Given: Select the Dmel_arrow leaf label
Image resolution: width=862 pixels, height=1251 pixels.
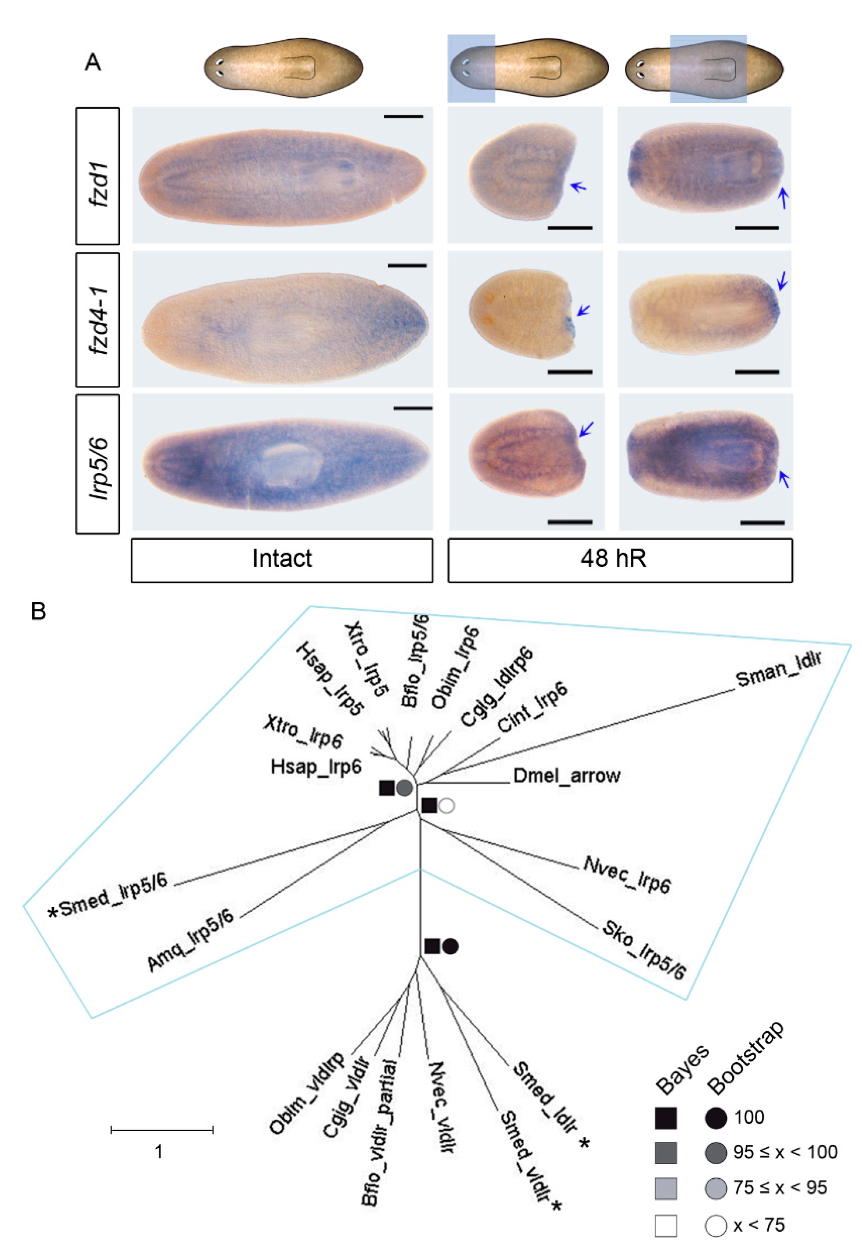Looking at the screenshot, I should click(567, 776).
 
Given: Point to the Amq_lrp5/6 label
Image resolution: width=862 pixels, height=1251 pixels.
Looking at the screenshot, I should click(191, 940).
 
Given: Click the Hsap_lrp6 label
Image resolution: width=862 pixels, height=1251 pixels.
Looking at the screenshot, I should click(316, 766).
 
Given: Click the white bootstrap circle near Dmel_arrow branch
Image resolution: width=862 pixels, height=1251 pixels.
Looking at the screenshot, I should click(446, 806).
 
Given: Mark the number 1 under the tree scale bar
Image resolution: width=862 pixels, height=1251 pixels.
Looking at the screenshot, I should click(158, 1152).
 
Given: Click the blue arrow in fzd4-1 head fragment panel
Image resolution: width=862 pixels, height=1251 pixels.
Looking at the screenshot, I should click(583, 310).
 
